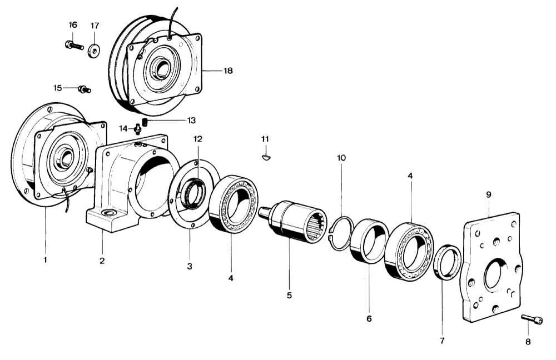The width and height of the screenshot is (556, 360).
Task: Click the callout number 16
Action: pos(73,25)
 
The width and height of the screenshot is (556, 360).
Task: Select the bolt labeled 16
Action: pos(73,45)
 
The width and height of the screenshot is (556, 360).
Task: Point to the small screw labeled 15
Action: pos(85,89)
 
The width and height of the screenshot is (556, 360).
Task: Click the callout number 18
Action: pos(228,71)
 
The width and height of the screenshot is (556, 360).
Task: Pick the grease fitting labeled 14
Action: pos(137,129)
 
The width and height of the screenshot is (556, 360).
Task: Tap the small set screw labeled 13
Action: pos(145,122)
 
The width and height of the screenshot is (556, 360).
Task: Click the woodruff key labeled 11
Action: pos(266,157)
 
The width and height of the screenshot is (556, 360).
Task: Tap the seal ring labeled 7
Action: pos(446,262)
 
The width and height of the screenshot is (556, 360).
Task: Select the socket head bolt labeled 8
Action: pos(532,319)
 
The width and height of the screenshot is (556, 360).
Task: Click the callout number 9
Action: pos(488,194)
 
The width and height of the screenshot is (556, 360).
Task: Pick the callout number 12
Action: pos(198,138)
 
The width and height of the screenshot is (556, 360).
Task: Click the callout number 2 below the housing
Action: pos(102,259)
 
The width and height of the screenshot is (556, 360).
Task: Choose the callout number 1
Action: pos(46,259)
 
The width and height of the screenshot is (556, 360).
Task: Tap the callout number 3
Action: pos(189,267)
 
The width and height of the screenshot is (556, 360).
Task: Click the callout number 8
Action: pos(528,342)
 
